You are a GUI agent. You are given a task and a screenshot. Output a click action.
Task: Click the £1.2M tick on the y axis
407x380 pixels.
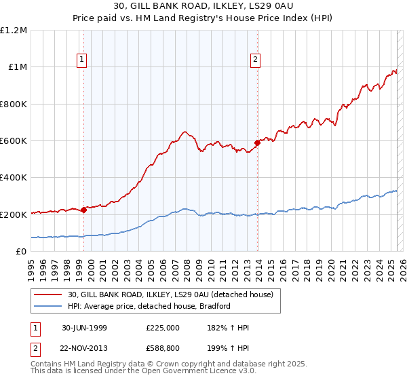click(14, 30)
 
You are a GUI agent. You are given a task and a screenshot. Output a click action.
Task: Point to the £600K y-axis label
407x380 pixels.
click(14, 140)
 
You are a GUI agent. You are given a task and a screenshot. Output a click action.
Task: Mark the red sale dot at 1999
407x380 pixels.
click(84, 210)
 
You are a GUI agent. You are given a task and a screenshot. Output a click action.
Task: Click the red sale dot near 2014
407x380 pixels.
click(257, 142)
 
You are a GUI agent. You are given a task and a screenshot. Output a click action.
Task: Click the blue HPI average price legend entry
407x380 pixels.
click(149, 306)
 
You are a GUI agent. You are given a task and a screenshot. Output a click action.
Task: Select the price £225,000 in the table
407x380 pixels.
click(162, 328)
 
